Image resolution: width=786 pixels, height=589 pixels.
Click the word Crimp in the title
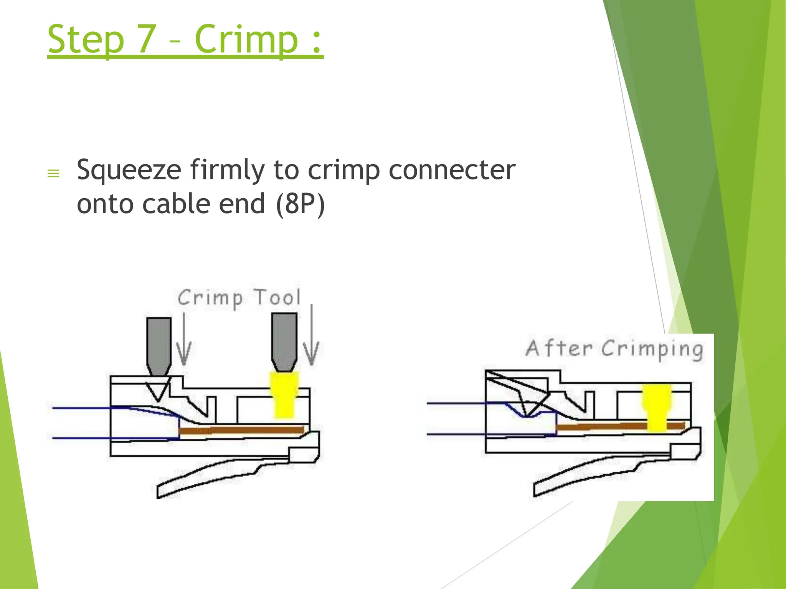(x=246, y=39)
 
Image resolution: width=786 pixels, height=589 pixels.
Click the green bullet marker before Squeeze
(x=53, y=174)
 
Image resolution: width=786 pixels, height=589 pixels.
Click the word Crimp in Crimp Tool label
(x=210, y=298)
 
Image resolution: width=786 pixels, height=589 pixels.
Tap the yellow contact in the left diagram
(x=284, y=395)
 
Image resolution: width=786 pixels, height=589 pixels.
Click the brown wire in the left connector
(x=242, y=430)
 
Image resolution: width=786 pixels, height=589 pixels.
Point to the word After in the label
(x=558, y=348)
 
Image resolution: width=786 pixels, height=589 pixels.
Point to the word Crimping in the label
(x=652, y=349)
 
